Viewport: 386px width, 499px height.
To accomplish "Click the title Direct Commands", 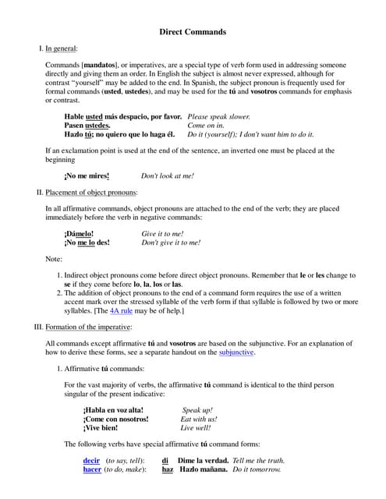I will click(x=193, y=32).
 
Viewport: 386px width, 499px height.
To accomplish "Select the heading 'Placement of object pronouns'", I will click(x=91, y=192).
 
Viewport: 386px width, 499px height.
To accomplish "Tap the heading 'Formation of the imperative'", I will click(x=88, y=327).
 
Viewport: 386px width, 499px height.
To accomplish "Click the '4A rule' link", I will click(x=122, y=310).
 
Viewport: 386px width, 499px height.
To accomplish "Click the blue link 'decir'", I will click(x=92, y=460).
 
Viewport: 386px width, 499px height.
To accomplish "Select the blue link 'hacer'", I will click(x=92, y=470).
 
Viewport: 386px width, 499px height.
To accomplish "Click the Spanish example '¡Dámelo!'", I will click(x=81, y=233).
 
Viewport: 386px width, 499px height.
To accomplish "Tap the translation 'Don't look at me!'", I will click(x=168, y=176).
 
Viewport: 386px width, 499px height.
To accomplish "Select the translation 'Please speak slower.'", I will click(x=219, y=115).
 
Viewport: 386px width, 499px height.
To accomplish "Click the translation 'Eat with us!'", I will click(x=199, y=419).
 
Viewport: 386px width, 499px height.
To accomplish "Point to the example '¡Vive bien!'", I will click(x=101, y=428).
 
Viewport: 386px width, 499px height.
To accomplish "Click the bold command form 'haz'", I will click(x=168, y=470).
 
